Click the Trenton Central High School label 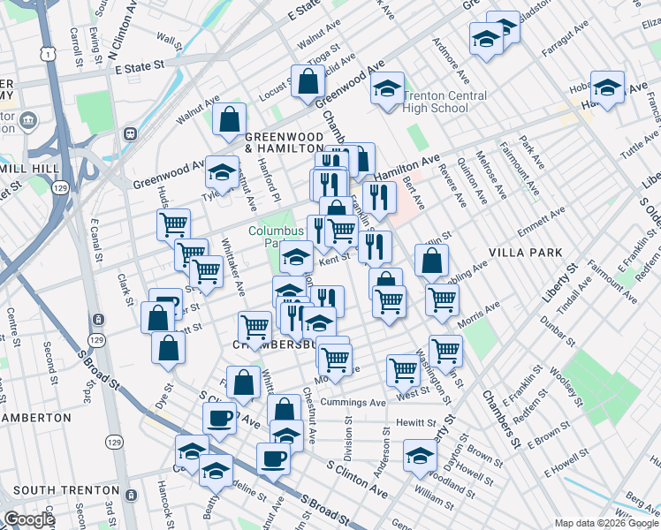[444, 102]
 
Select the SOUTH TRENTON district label [66, 490]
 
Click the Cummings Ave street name [353, 403]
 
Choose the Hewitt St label [416, 424]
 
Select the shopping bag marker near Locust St [307, 82]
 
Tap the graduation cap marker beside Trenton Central [386, 88]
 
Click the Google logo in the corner [29, 519]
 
